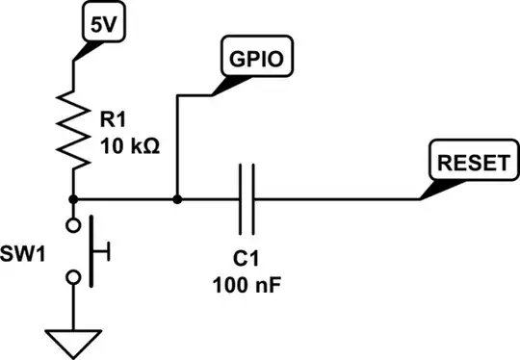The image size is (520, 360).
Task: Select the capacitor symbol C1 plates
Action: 247,199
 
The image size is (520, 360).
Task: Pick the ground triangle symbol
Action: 74,340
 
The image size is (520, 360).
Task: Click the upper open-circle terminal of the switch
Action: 74,225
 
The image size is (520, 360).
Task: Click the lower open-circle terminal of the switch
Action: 74,277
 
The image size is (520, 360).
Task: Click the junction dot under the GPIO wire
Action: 177,199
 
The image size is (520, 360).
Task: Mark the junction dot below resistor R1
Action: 74,199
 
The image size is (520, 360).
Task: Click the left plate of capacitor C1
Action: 240,199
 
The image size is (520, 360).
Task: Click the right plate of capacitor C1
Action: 255,199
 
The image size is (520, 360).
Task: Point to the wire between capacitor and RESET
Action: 337,199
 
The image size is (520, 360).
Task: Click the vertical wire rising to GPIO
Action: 177,144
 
